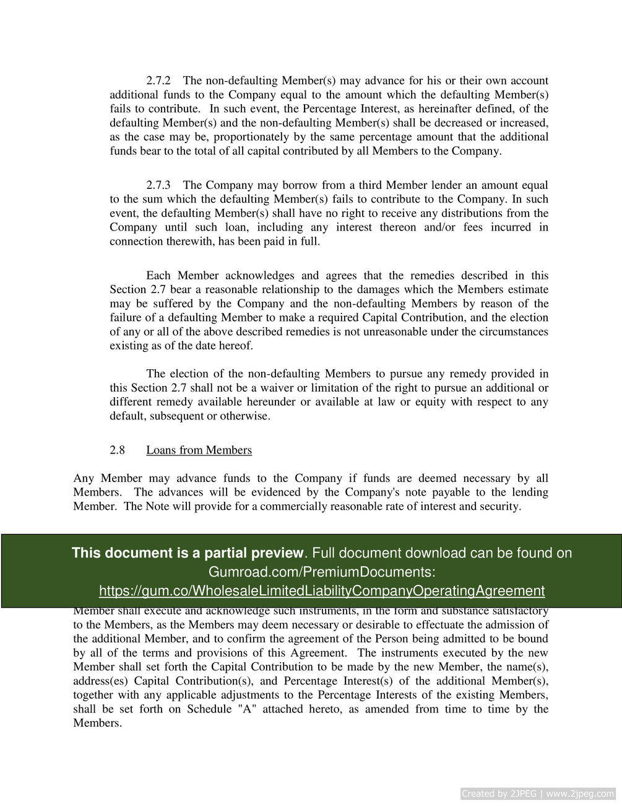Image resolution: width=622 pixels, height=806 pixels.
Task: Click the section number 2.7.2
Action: click(x=159, y=81)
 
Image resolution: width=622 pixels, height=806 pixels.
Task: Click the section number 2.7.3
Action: click(x=159, y=185)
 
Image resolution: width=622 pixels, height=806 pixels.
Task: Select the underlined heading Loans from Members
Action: click(x=199, y=450)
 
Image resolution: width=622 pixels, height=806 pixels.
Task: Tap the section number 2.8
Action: click(x=117, y=450)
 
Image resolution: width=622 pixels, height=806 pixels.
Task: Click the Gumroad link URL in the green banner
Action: click(x=322, y=590)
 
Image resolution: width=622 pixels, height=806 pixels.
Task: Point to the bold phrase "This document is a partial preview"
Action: click(x=188, y=553)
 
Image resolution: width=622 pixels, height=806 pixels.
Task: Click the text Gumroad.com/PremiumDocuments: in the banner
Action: click(x=322, y=571)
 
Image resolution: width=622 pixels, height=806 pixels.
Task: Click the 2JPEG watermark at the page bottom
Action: click(x=538, y=794)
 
